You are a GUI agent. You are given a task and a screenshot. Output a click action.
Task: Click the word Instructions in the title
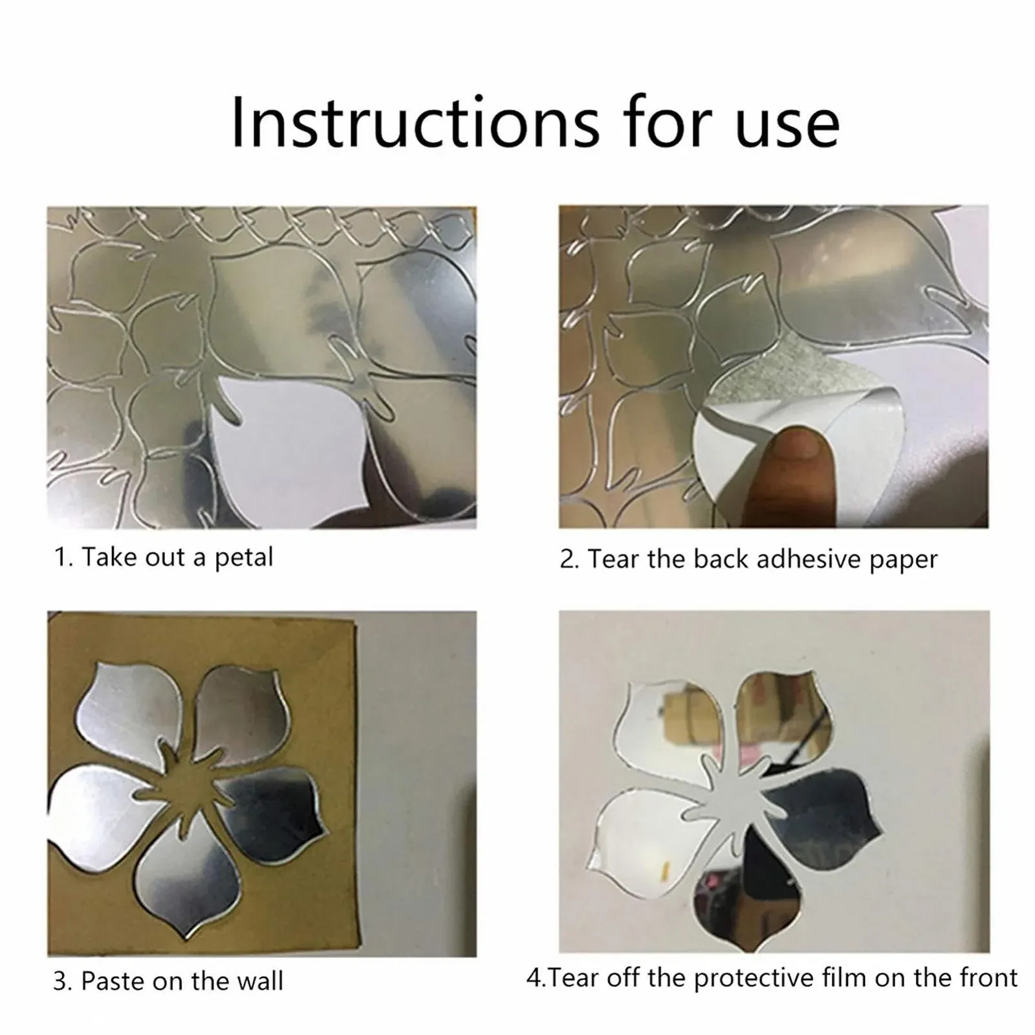(x=415, y=123)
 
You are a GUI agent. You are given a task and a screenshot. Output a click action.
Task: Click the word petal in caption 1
(x=244, y=558)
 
